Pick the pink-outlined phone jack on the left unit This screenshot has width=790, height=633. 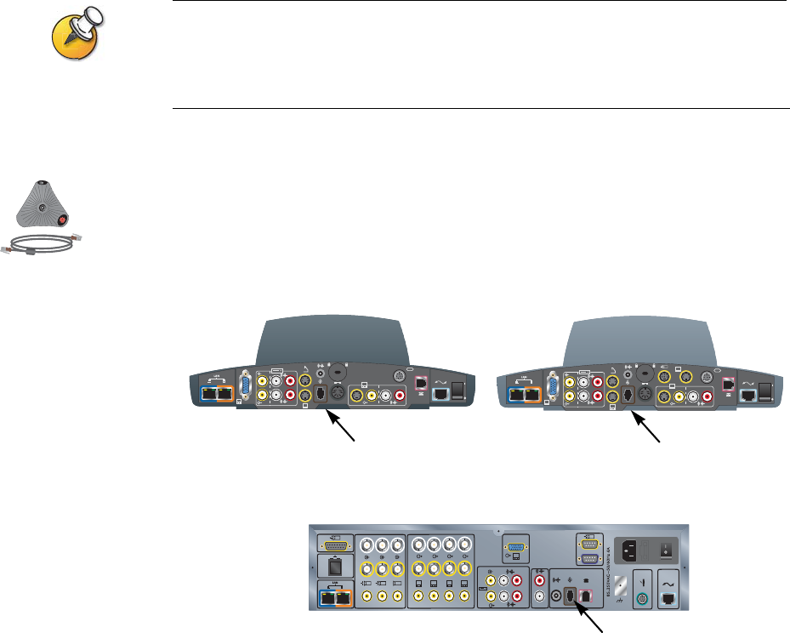point(419,384)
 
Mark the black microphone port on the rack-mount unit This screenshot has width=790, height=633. point(571,596)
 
